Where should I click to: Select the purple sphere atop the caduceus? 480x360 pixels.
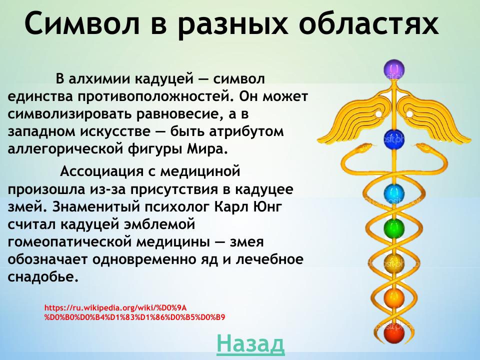pos(393,69)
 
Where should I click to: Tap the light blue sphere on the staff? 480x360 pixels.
pos(393,192)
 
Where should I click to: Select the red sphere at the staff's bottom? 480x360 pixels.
pos(393,332)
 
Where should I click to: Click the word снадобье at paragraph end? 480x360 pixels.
pos(43,276)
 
